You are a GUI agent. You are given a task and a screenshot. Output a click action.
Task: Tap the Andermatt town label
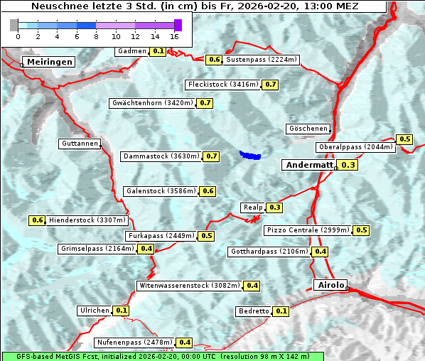pyautogui.click(x=308, y=165)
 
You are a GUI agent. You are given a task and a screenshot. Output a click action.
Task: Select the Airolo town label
pyautogui.click(x=330, y=285)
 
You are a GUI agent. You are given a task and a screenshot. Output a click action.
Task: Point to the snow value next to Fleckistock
pyautogui.click(x=270, y=85)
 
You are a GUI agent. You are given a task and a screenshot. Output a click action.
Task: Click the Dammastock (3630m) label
pyautogui.click(x=161, y=156)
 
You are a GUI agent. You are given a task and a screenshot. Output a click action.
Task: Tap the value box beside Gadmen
pyautogui.click(x=158, y=51)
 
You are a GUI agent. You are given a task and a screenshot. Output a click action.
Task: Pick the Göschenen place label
pyautogui.click(x=308, y=129)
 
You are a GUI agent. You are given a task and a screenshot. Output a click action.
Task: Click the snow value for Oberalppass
pyautogui.click(x=404, y=139)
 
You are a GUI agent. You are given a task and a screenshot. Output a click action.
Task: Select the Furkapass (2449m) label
pyautogui.click(x=161, y=235)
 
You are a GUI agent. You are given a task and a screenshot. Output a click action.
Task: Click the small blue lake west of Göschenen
pyautogui.click(x=250, y=154)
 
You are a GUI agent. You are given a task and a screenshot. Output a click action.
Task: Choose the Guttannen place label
pyautogui.click(x=79, y=144)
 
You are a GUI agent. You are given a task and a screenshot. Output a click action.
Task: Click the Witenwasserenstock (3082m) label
pyautogui.click(x=189, y=286)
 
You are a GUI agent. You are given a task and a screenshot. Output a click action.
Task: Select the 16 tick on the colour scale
pyautogui.click(x=175, y=36)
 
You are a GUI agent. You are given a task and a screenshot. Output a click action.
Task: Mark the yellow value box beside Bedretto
pyautogui.click(x=281, y=311)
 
